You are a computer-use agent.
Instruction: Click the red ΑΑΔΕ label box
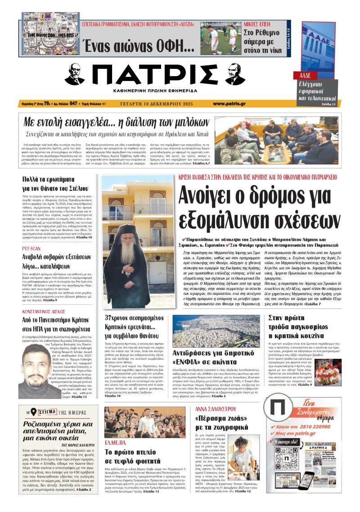click(302, 75)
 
